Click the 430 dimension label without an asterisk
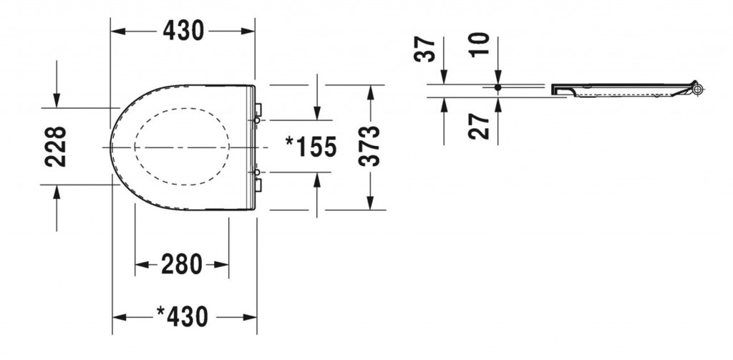183,31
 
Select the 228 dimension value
55,147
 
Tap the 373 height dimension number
369,147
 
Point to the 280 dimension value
182,264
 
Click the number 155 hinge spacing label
316,147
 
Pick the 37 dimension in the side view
425,49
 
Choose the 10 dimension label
480,45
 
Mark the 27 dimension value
479,126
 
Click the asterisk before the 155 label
291,141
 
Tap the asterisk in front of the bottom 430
161,311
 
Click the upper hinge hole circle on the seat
257,121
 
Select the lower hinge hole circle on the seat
257,172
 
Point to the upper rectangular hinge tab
258,110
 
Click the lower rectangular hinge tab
258,185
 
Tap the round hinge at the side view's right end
698,89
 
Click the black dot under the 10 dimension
498,87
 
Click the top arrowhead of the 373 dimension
370,92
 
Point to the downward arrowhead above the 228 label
57,100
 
